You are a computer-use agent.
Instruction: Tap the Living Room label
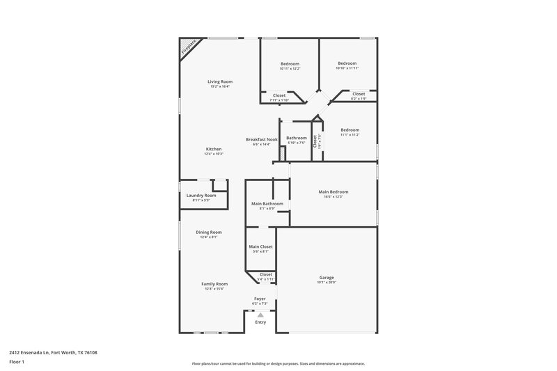click(219, 81)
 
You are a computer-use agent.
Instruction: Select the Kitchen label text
click(214, 150)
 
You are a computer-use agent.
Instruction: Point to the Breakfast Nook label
click(262, 139)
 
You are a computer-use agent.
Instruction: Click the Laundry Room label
click(201, 196)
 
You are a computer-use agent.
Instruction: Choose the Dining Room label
click(209, 232)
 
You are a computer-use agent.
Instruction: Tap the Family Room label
click(214, 284)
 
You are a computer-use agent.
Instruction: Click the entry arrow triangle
click(260, 315)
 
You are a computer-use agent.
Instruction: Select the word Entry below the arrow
click(260, 322)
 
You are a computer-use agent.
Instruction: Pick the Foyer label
click(260, 299)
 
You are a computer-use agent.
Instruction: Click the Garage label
click(327, 278)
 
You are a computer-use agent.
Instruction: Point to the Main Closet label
click(260, 246)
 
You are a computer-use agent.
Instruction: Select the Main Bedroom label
click(334, 192)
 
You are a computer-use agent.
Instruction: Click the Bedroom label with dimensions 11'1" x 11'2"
click(350, 130)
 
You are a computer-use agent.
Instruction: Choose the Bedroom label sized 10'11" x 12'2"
click(290, 63)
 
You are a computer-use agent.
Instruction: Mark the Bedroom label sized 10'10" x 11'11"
click(347, 63)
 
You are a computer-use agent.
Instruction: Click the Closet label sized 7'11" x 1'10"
click(279, 95)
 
